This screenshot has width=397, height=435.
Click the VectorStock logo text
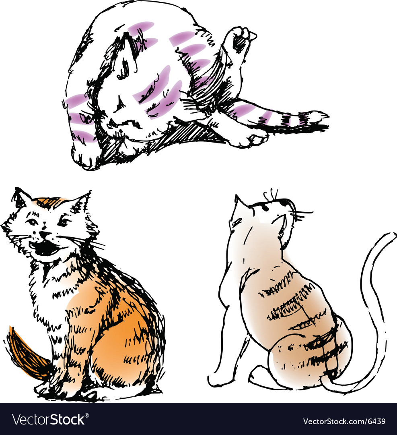tap(49, 419)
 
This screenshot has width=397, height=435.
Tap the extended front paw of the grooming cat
tap(249, 139)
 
